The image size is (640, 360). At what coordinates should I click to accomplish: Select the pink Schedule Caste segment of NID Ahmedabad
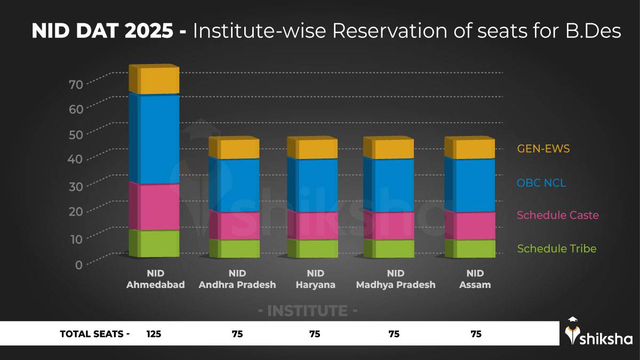[155, 206]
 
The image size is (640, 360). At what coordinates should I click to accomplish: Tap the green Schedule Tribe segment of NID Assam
[470, 249]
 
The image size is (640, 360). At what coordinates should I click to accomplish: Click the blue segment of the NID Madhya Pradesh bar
[389, 185]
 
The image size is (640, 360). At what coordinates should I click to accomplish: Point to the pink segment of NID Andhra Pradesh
[234, 226]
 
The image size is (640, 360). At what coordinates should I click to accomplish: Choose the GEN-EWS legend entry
[543, 149]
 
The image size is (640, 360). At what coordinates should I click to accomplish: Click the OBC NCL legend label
[541, 183]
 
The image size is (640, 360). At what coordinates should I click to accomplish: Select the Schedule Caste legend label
[557, 215]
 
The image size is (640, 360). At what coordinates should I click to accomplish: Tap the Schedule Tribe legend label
[556, 249]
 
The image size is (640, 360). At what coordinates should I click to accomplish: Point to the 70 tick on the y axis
[76, 84]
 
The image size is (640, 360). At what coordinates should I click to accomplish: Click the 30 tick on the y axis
[76, 186]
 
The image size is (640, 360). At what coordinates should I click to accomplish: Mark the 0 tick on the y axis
[78, 264]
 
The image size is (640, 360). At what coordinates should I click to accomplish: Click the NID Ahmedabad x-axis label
[155, 279]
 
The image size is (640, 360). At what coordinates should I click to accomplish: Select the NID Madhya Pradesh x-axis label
[395, 279]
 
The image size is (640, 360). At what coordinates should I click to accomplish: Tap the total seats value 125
[154, 334]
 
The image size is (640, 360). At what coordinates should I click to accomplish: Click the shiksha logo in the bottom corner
[598, 333]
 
